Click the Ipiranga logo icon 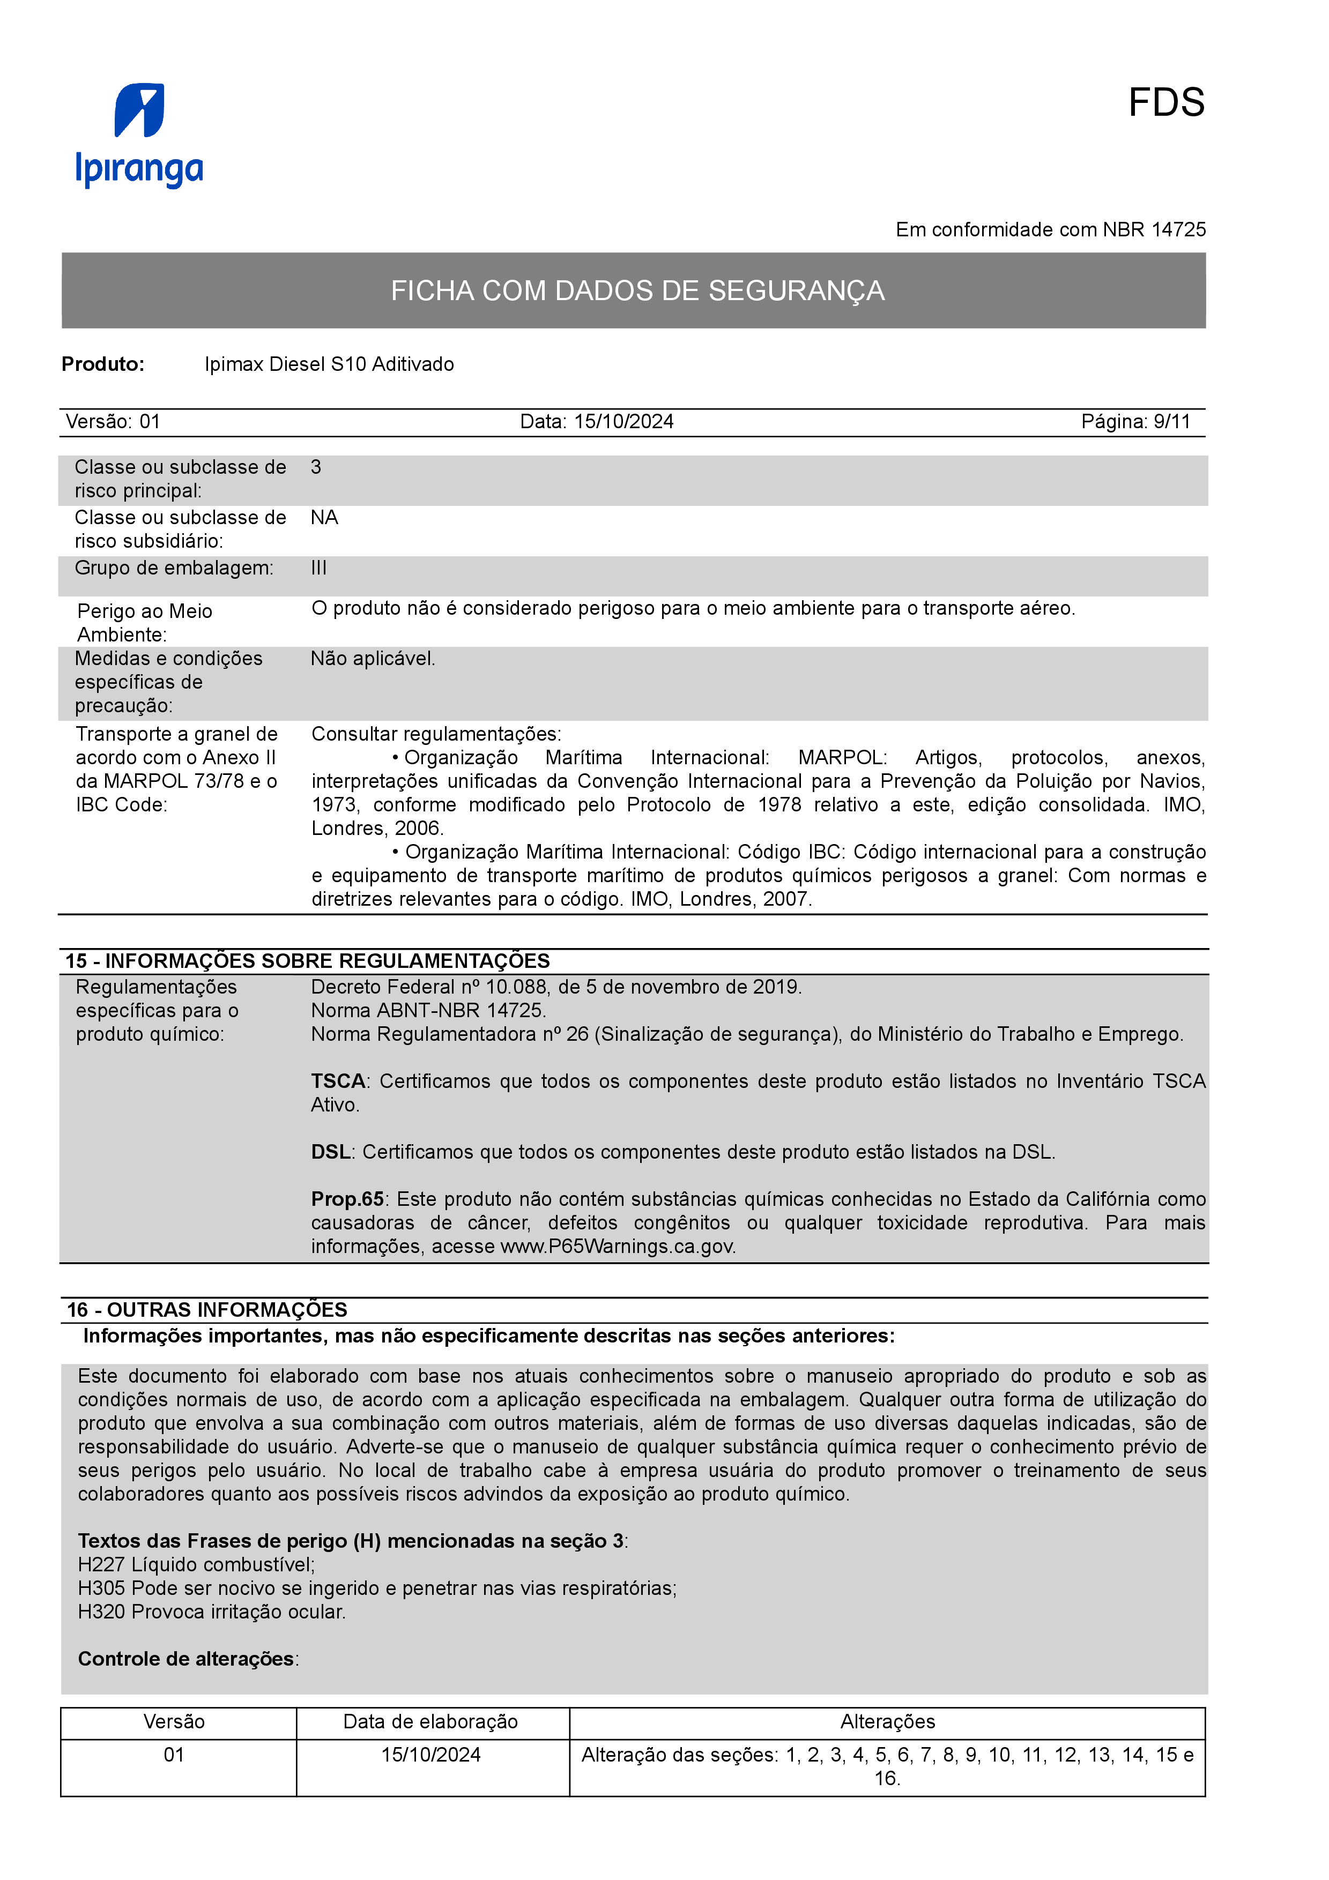139,110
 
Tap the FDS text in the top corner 1165,103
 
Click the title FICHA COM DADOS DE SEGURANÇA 637,290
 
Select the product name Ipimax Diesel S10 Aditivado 329,364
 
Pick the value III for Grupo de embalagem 318,568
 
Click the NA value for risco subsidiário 324,518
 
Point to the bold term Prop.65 347,1199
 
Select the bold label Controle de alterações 186,1658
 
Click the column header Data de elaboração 430,1721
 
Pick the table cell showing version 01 174,1755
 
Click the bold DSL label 331,1152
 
